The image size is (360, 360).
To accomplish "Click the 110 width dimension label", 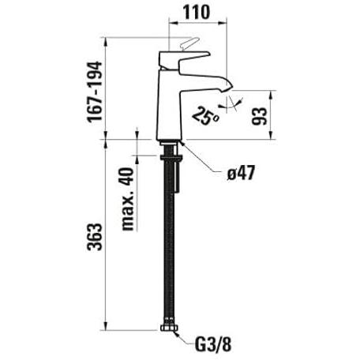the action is [x=197, y=13].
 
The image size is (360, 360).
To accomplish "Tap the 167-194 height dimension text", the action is [x=95, y=92].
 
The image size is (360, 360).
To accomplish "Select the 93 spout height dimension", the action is [x=260, y=116].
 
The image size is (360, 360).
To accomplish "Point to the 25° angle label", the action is [x=206, y=116].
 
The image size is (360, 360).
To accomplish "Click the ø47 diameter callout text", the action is [x=242, y=174].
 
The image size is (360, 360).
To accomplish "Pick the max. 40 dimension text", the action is [x=128, y=199].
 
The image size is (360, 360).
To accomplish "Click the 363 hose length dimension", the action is [x=95, y=237].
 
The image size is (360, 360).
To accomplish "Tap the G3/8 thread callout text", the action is [x=213, y=345].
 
